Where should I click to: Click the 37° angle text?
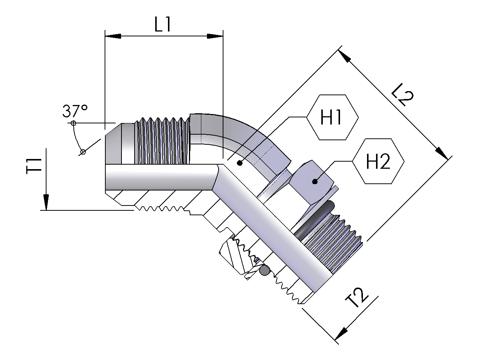(75, 111)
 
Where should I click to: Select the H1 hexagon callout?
(333, 117)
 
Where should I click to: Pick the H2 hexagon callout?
(378, 162)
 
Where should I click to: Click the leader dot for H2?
(315, 181)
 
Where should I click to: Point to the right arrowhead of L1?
(215, 36)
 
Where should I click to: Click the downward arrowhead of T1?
(46, 202)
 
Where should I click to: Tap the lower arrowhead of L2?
(442, 153)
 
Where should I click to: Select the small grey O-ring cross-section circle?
(265, 270)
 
